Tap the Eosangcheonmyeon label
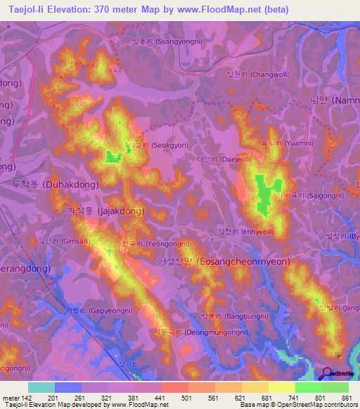(x=224, y=261)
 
